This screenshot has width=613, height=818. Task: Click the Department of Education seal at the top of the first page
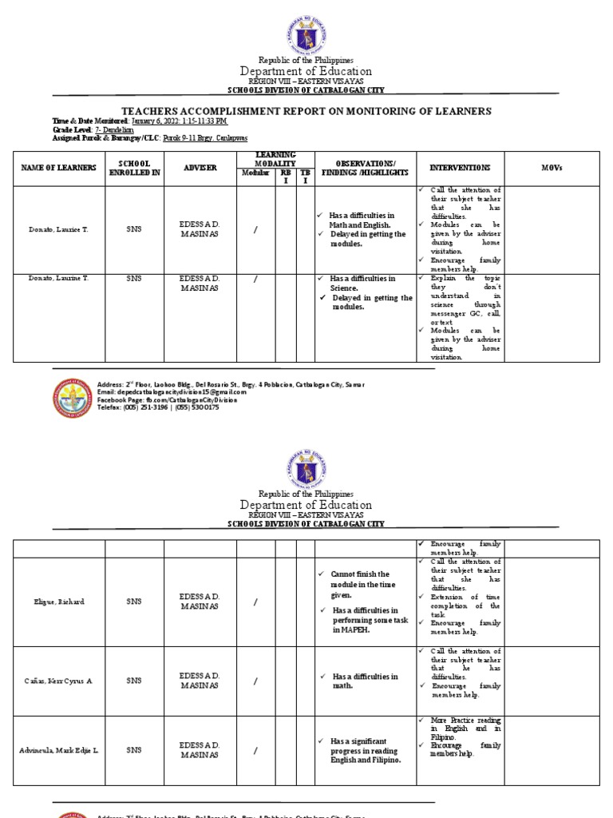coord(306,30)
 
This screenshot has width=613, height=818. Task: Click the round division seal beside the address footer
coord(73,397)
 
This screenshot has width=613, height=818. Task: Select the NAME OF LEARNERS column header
coord(54,169)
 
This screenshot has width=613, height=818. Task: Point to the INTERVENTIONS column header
coord(460,169)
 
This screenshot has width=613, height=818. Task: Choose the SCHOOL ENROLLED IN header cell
coord(134,169)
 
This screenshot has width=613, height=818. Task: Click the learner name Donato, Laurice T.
coord(54,229)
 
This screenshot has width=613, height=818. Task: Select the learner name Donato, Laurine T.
coord(54,279)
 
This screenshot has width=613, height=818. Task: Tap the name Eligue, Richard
coord(54,602)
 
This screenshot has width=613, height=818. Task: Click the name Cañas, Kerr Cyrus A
coord(54,681)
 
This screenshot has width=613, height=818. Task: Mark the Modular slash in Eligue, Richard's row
coord(255,602)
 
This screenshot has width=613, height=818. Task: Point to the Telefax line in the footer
coord(157,407)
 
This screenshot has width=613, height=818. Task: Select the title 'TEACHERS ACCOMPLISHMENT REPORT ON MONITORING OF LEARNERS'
coord(306,111)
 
